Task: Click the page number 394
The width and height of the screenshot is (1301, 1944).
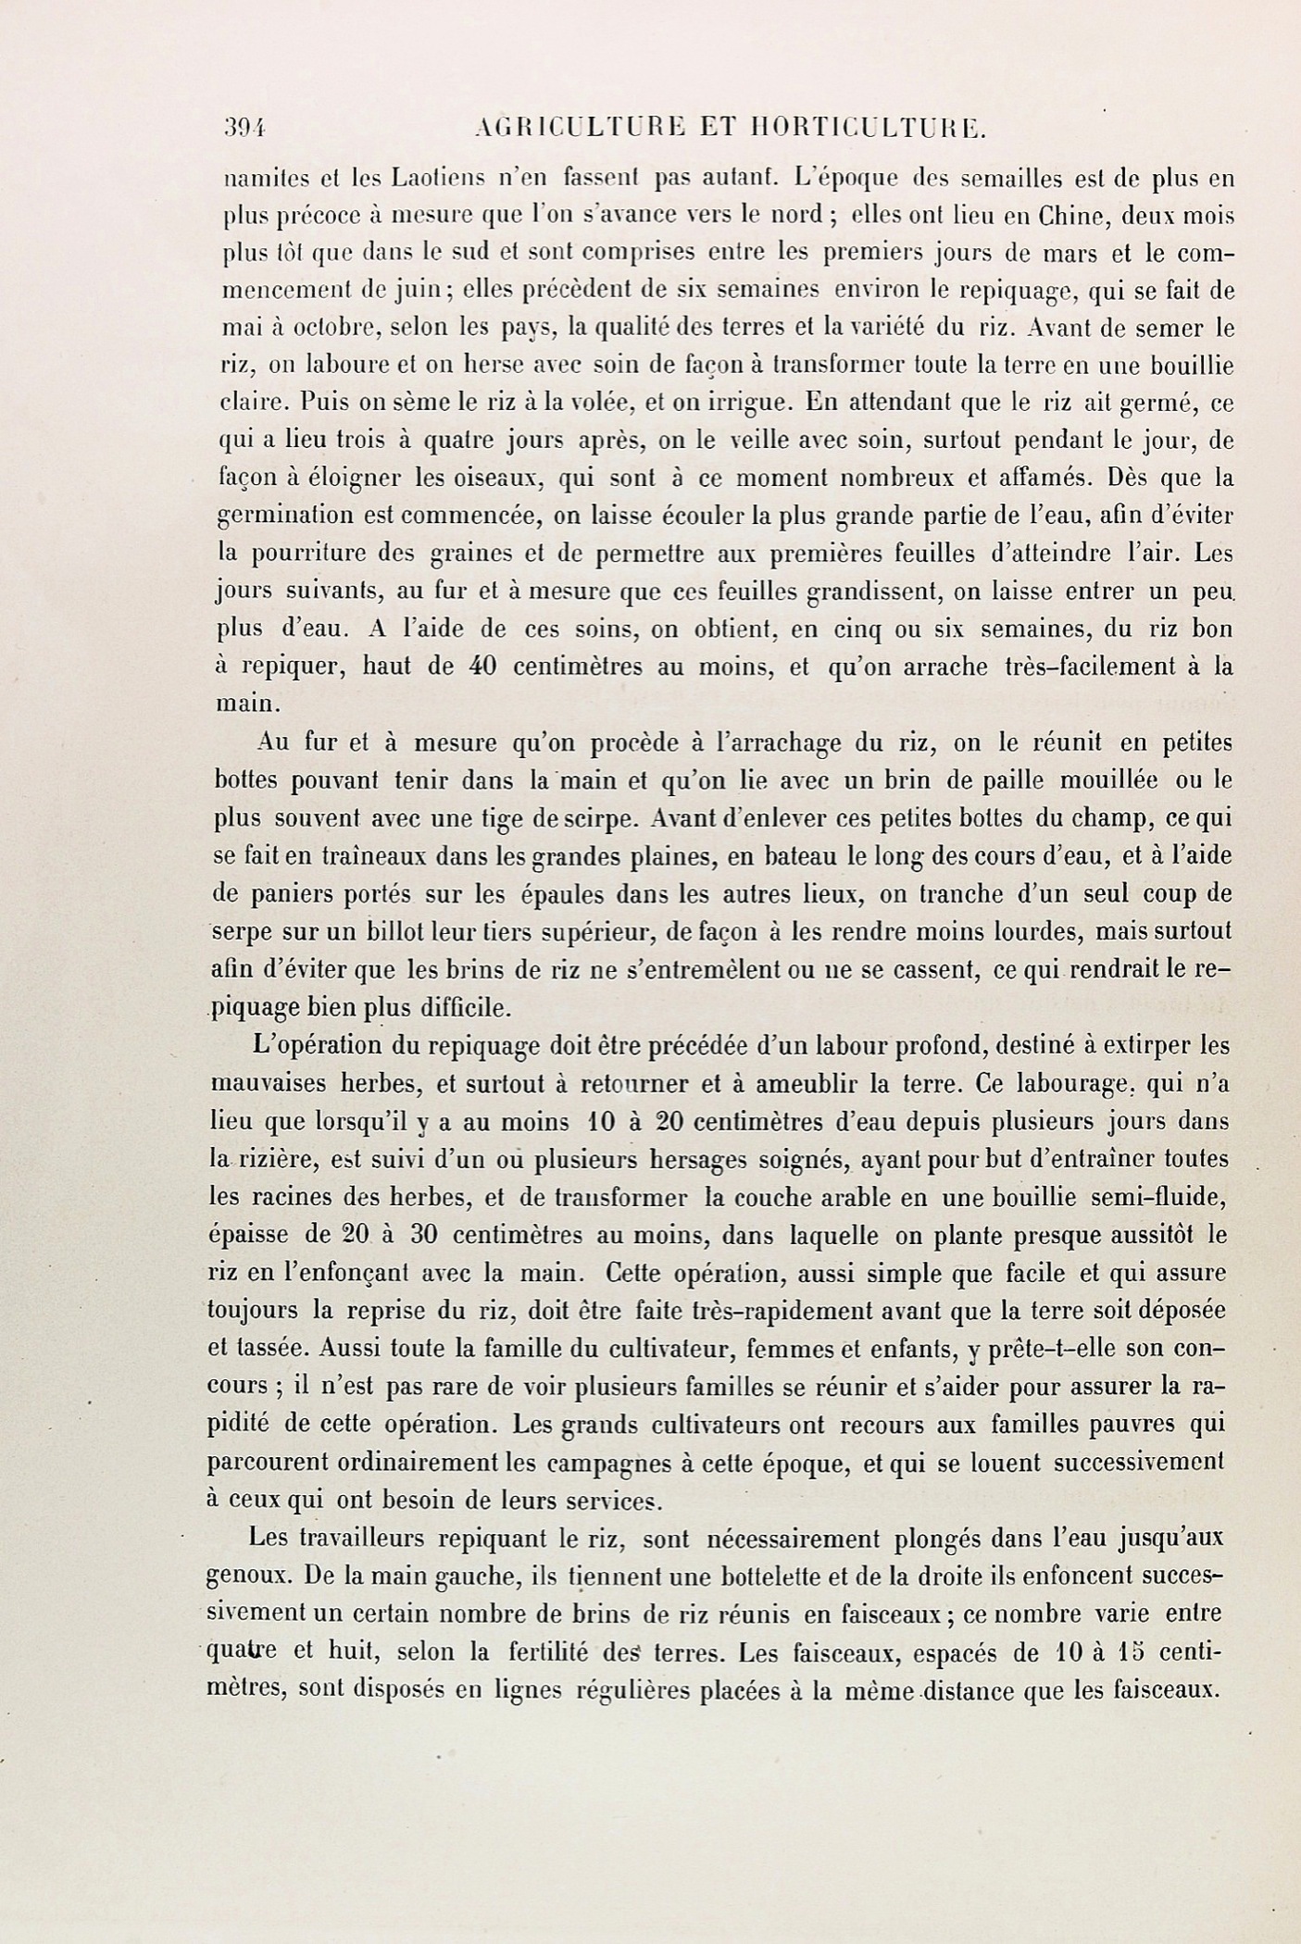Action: point(245,130)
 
